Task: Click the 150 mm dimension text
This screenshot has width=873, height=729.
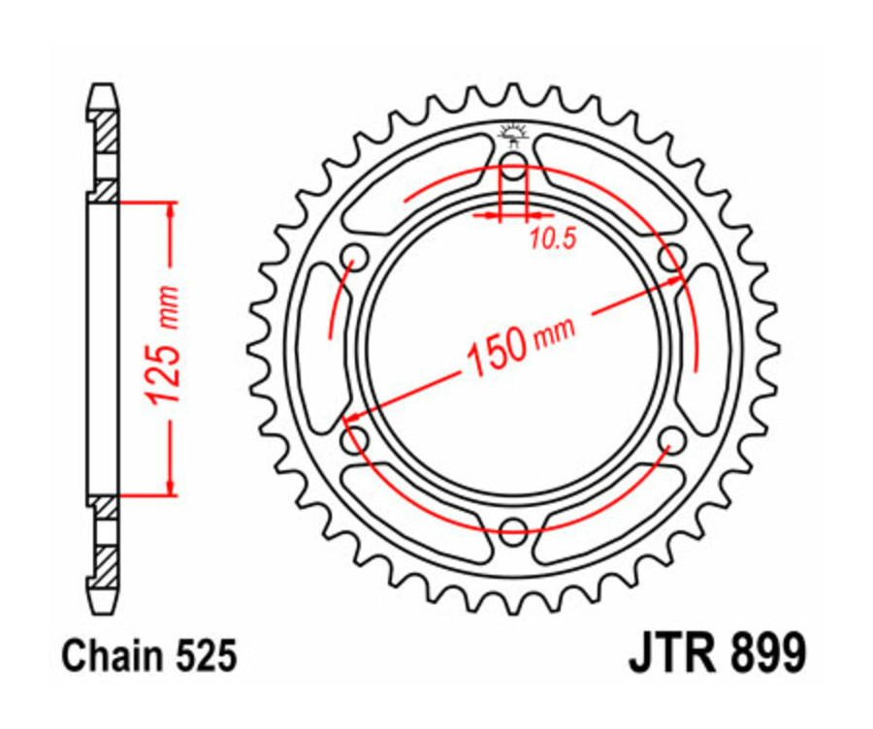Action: [519, 346]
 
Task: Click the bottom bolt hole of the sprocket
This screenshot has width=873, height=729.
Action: [513, 530]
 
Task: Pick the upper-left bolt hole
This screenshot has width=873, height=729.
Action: [356, 259]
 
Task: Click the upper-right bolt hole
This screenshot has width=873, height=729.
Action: [669, 259]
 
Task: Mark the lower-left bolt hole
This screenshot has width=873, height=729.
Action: [356, 443]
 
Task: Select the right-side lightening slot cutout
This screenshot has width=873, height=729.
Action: [706, 351]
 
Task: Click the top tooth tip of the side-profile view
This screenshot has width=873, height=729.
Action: [104, 90]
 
